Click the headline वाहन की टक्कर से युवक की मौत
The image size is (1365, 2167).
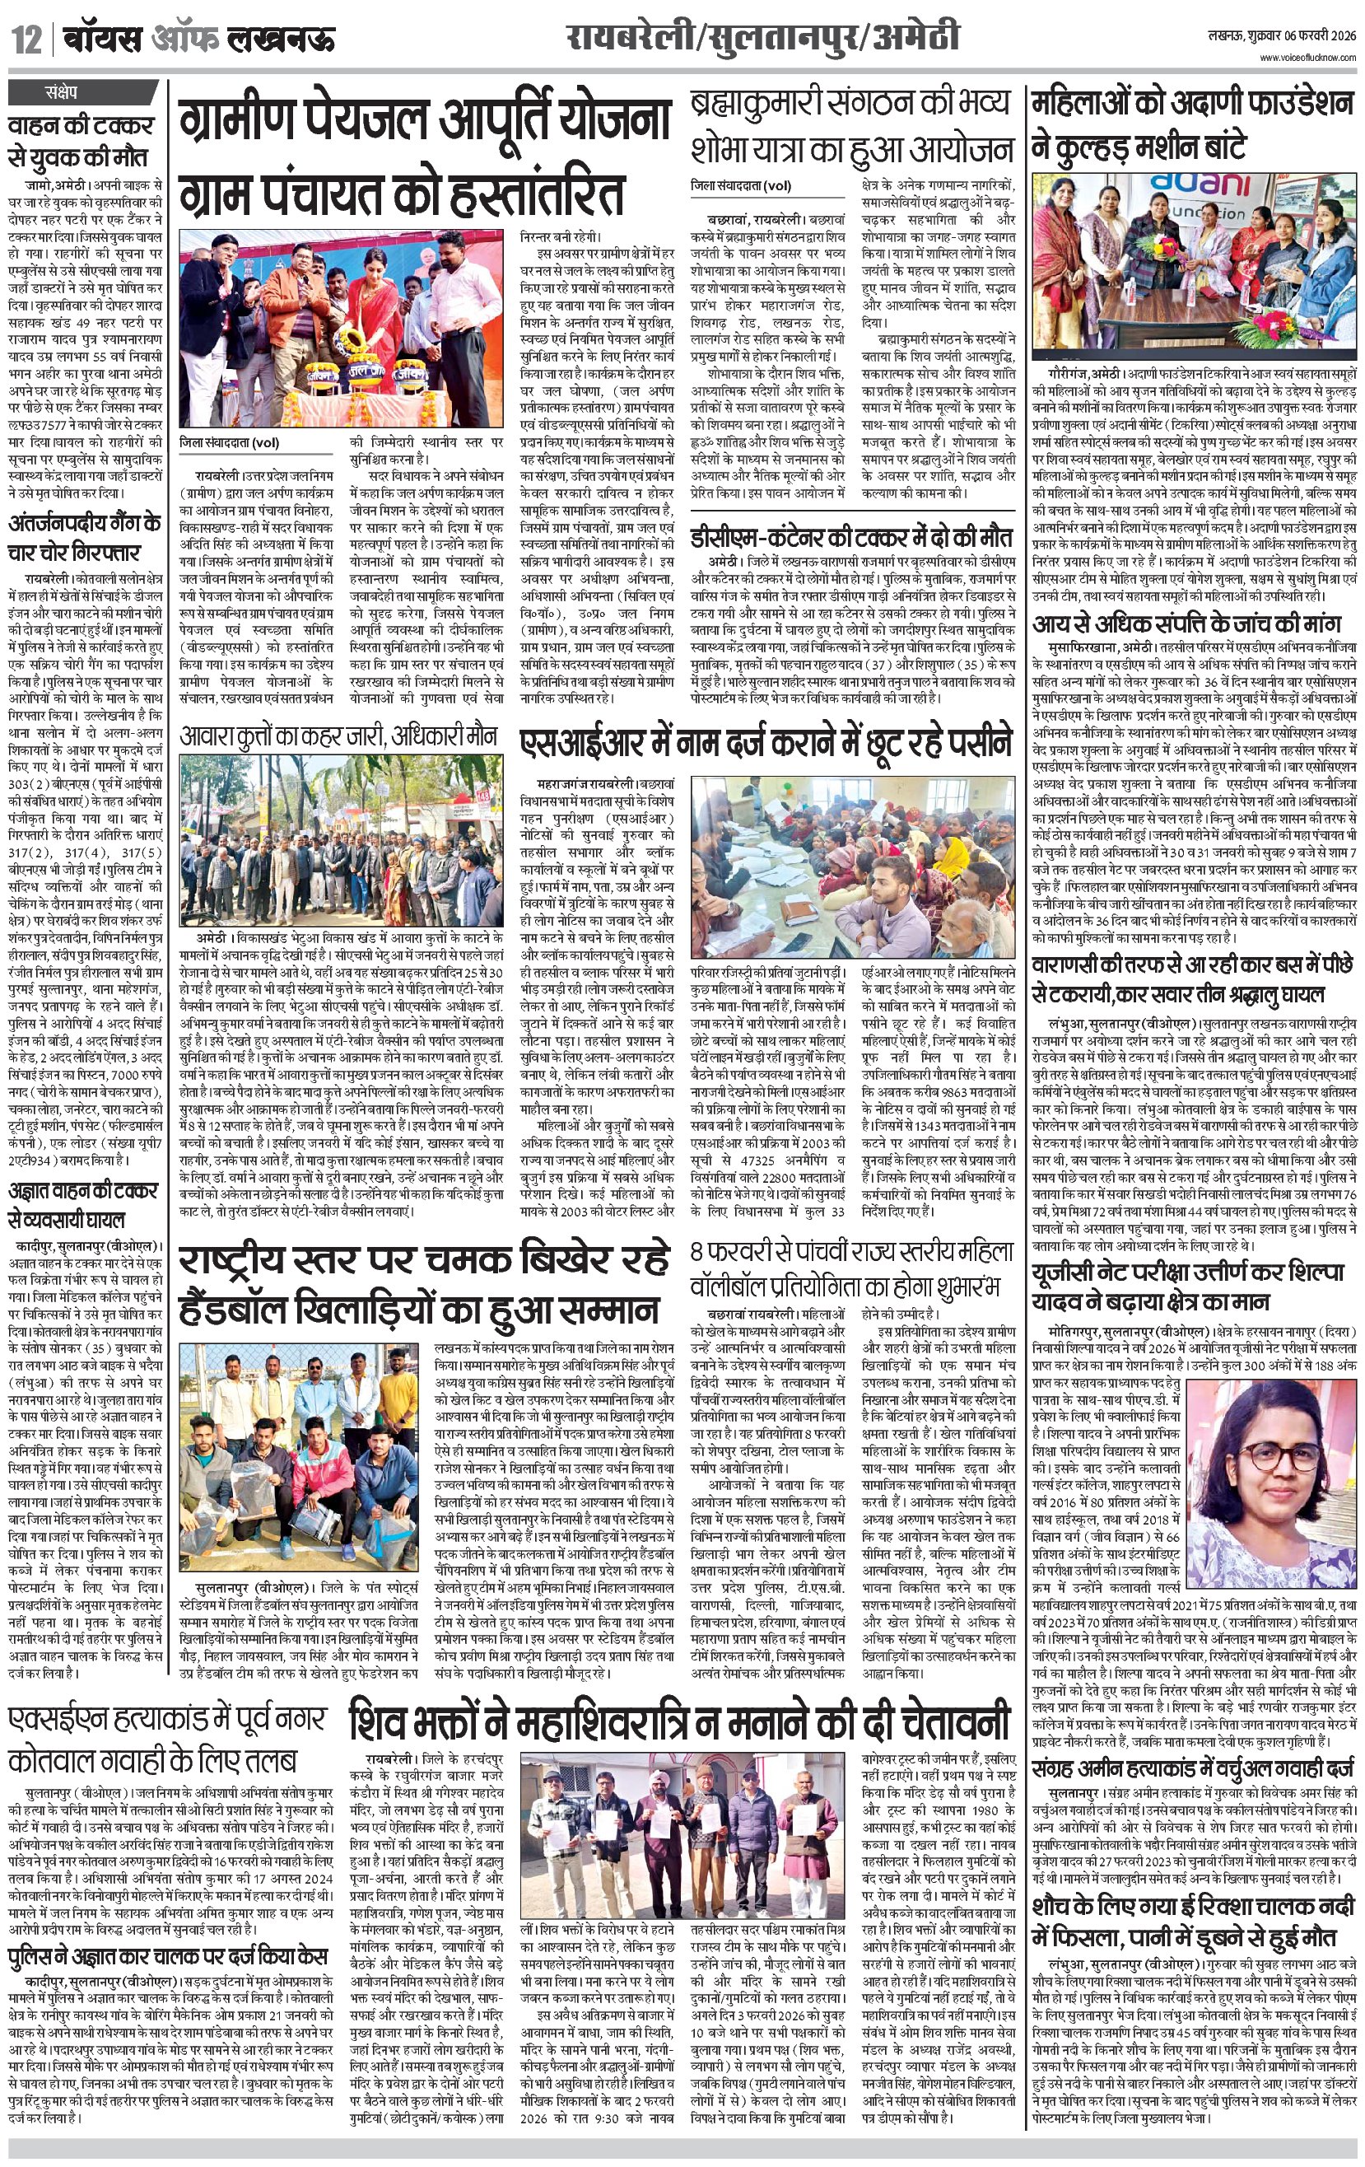(x=81, y=140)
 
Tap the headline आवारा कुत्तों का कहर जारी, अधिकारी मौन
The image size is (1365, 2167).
(x=338, y=736)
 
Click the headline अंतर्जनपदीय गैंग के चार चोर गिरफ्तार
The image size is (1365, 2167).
(x=85, y=537)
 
